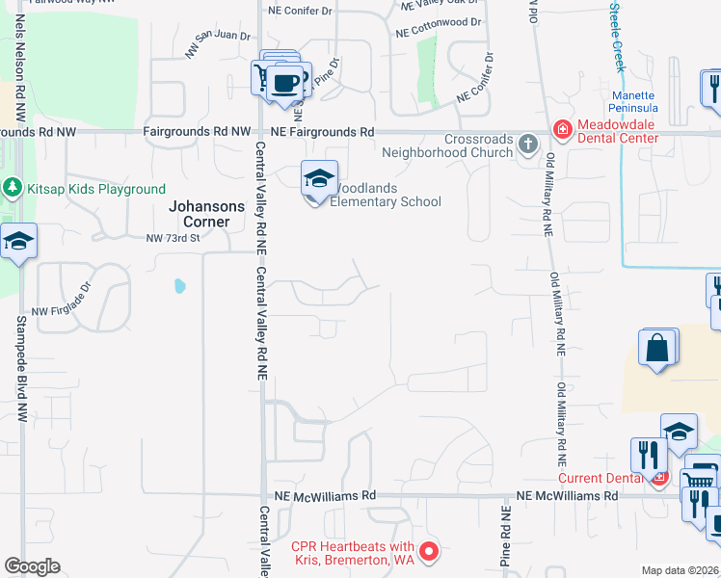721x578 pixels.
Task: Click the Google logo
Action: point(32,566)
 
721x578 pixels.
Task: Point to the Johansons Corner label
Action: point(200,214)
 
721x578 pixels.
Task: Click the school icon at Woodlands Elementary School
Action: point(319,179)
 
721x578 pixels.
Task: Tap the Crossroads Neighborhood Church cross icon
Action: point(527,144)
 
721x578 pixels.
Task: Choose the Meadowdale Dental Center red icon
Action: point(562,129)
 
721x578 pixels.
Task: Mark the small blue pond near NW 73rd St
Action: point(178,286)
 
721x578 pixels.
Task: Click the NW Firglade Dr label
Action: point(66,311)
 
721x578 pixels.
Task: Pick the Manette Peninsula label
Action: point(633,103)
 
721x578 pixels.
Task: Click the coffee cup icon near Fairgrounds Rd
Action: point(285,82)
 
